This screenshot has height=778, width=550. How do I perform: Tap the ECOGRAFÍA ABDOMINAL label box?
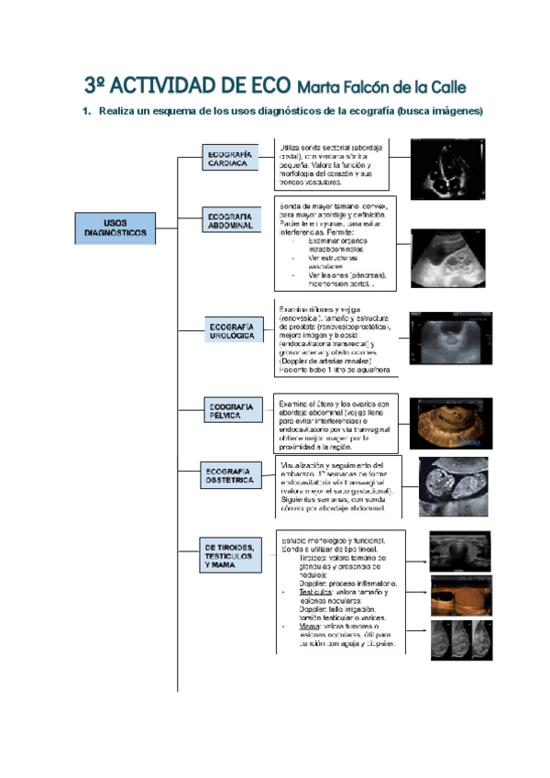(230, 221)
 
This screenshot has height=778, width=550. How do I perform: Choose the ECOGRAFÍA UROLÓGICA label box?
(232, 332)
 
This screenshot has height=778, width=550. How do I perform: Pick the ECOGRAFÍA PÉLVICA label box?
(231, 410)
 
